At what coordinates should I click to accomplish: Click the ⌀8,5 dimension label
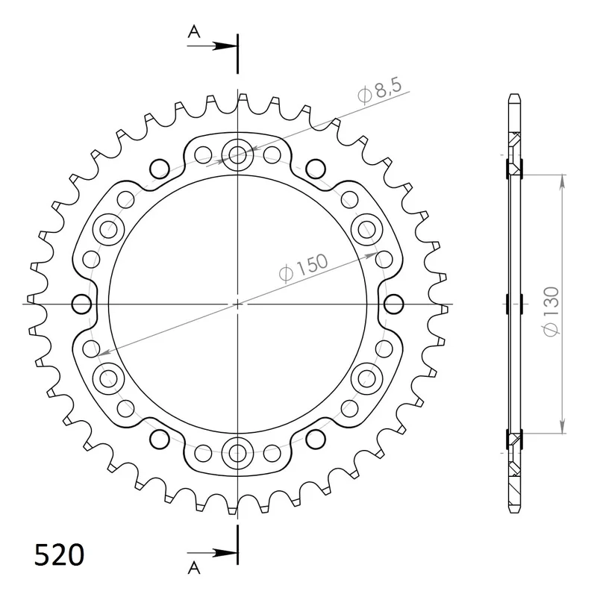380,92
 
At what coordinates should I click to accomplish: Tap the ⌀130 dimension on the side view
551,311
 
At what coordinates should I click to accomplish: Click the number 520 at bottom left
59,554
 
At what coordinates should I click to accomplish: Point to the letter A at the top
194,32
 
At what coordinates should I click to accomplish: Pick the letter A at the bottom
194,568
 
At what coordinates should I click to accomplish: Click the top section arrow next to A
212,46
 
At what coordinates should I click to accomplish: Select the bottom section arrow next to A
212,552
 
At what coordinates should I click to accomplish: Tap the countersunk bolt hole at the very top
237,154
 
